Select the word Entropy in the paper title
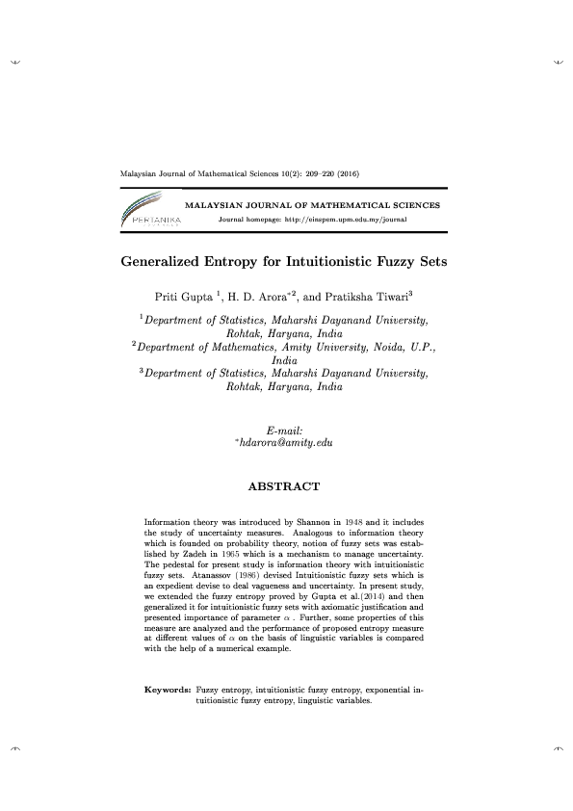pos(239,261)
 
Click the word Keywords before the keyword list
pos(168,691)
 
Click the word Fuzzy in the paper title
pos(379,261)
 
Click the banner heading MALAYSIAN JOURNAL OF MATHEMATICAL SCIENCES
pos(312,205)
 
